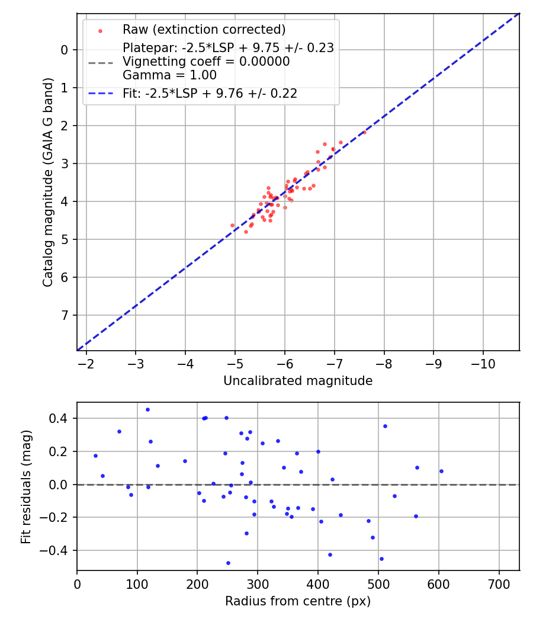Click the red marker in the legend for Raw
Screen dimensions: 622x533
coord(101,30)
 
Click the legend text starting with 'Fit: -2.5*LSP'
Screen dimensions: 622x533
coord(210,94)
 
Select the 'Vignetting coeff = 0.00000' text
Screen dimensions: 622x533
coord(206,62)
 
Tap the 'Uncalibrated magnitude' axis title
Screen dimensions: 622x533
coord(298,381)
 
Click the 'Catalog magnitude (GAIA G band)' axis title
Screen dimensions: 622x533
coord(49,182)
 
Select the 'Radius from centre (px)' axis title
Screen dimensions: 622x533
coord(298,601)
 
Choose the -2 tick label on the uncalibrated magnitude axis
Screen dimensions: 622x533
coord(86,363)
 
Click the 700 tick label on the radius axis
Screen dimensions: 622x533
coord(499,583)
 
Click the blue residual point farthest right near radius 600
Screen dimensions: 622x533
coord(441,471)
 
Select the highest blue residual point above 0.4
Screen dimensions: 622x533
coord(147,409)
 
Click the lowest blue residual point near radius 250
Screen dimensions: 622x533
coord(228,563)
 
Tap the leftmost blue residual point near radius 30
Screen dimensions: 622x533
coord(95,456)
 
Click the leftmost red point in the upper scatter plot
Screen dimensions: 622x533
coord(232,225)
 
